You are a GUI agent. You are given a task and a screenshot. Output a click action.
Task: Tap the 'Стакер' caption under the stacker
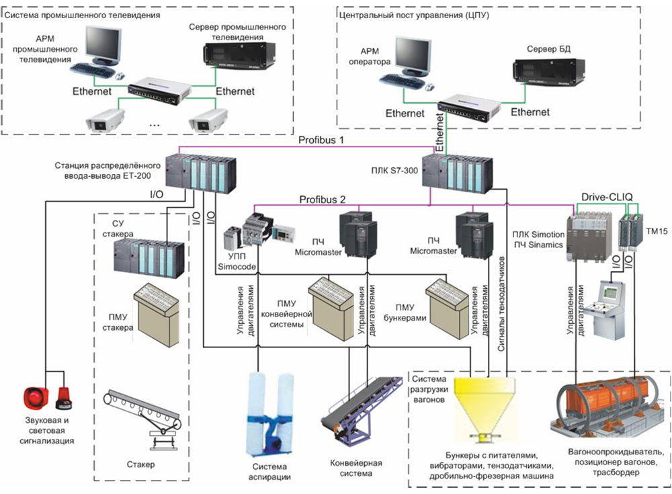140,464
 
